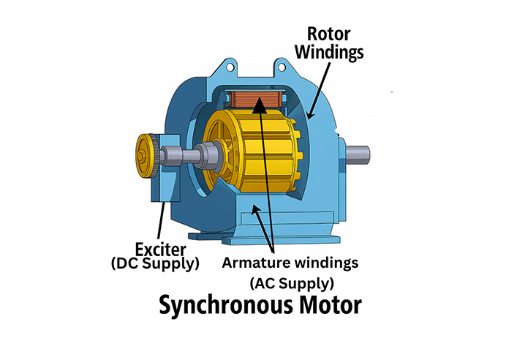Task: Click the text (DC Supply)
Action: [x=154, y=263]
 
